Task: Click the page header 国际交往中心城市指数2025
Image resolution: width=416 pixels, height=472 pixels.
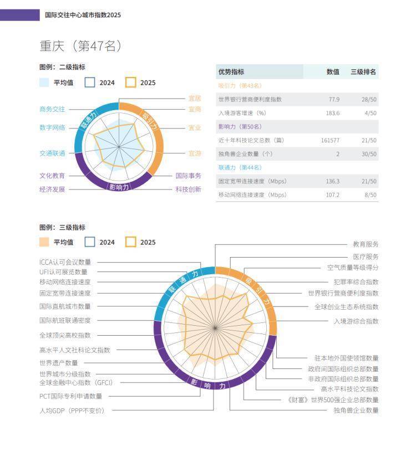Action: pyautogui.click(x=83, y=15)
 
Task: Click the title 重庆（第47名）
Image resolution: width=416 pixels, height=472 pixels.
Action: pyautogui.click(x=81, y=46)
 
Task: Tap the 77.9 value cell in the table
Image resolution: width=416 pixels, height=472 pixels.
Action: pyautogui.click(x=334, y=99)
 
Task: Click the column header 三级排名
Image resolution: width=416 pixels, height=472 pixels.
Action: pyautogui.click(x=363, y=72)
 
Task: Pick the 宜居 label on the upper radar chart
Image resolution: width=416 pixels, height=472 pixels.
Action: pyautogui.click(x=195, y=98)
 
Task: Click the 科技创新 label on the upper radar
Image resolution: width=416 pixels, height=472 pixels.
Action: pyautogui.click(x=189, y=189)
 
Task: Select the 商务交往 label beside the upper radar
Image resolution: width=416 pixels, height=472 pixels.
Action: pyautogui.click(x=52, y=109)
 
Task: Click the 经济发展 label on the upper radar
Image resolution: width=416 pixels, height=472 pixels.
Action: pyautogui.click(x=52, y=189)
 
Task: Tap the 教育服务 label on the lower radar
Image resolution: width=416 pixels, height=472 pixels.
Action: pyautogui.click(x=366, y=244)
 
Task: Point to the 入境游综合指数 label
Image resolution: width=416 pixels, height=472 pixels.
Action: pyautogui.click(x=356, y=321)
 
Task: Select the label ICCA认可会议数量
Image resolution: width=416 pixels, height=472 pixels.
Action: pyautogui.click(x=65, y=262)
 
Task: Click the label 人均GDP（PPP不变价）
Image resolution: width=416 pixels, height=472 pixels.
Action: pyautogui.click(x=72, y=411)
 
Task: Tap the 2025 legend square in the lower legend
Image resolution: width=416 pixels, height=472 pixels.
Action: pyautogui.click(x=131, y=242)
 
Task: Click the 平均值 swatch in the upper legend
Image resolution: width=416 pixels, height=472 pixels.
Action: pyautogui.click(x=44, y=83)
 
